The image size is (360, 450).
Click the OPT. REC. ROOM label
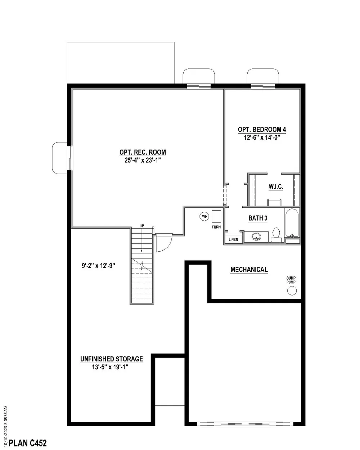143,152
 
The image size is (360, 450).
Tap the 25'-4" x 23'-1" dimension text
143,160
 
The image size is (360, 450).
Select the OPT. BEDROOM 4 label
262,130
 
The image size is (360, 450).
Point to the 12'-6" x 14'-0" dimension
262,137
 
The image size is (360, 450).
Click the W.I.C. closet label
276,187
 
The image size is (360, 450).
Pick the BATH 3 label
258,218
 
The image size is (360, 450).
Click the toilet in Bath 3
276,233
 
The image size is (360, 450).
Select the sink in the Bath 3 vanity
256,237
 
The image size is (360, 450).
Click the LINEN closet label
233,239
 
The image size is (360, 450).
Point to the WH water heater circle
205,216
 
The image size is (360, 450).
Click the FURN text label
216,228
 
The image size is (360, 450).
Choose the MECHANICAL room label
249,270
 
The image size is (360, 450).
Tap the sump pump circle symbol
291,291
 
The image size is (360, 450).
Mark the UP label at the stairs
142,226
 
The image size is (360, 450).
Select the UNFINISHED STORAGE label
112,359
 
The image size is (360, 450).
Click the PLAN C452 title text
28,442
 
